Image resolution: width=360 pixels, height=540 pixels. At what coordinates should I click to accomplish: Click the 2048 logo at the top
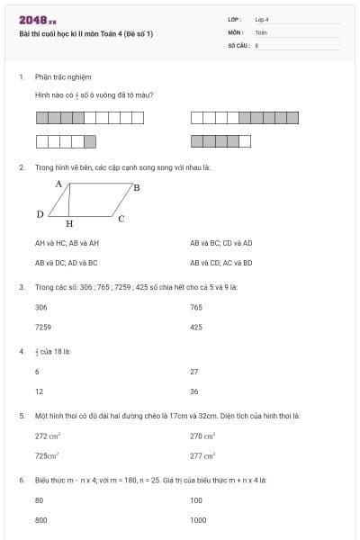[x=37, y=20]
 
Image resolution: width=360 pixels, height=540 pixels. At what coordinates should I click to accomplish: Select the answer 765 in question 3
[x=196, y=307]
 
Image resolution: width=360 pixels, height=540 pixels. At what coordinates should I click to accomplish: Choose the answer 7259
[x=42, y=328]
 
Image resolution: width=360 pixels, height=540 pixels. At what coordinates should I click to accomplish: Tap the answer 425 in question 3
[x=196, y=328]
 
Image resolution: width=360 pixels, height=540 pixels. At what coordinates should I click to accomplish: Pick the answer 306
[x=40, y=307]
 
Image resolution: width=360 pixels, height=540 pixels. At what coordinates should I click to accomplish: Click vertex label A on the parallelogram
[x=58, y=184]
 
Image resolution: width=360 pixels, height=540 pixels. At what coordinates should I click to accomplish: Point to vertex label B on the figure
[x=136, y=187]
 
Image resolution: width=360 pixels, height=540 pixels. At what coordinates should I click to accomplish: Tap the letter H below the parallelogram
[x=69, y=223]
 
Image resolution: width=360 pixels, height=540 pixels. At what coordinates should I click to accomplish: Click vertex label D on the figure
[x=40, y=214]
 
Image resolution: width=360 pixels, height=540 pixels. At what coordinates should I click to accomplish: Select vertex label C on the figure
[x=121, y=218]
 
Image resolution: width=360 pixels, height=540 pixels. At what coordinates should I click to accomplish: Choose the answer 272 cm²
[x=48, y=436]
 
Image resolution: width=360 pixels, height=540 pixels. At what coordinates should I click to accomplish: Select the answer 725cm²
[x=47, y=456]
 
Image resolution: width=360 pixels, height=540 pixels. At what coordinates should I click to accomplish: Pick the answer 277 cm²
[x=203, y=456]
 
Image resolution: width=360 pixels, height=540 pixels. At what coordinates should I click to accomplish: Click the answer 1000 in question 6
[x=198, y=520]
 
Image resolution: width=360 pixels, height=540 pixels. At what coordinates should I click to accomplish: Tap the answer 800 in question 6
[x=40, y=520]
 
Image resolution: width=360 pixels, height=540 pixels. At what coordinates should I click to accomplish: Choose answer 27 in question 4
[x=193, y=371]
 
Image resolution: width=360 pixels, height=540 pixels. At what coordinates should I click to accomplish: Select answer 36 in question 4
[x=193, y=391]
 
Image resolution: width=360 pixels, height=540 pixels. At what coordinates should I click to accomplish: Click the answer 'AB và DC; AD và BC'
[x=66, y=263]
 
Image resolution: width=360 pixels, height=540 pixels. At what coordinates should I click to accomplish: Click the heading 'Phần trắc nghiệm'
[x=63, y=77]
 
